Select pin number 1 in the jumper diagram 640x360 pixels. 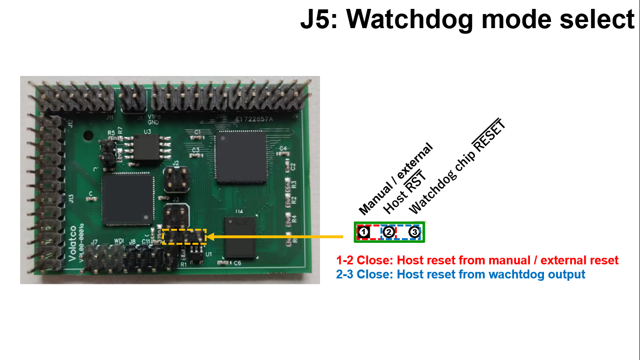(x=364, y=232)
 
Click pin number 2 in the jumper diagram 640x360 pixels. (x=388, y=232)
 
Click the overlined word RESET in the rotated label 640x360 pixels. (x=490, y=136)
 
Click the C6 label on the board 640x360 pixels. (x=237, y=263)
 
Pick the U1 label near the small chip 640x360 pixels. (x=209, y=255)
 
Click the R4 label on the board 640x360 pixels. (x=294, y=218)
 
